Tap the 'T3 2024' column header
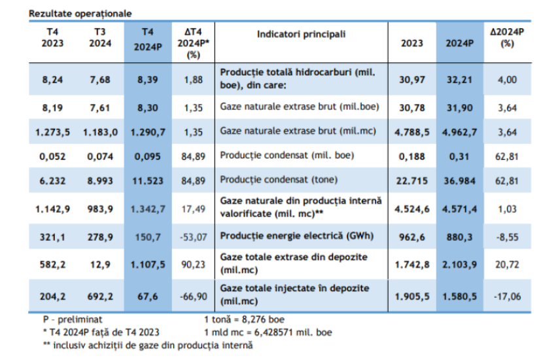(100, 38)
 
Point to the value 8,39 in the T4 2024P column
(149, 80)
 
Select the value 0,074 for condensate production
(100, 156)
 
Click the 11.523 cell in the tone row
(149, 181)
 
